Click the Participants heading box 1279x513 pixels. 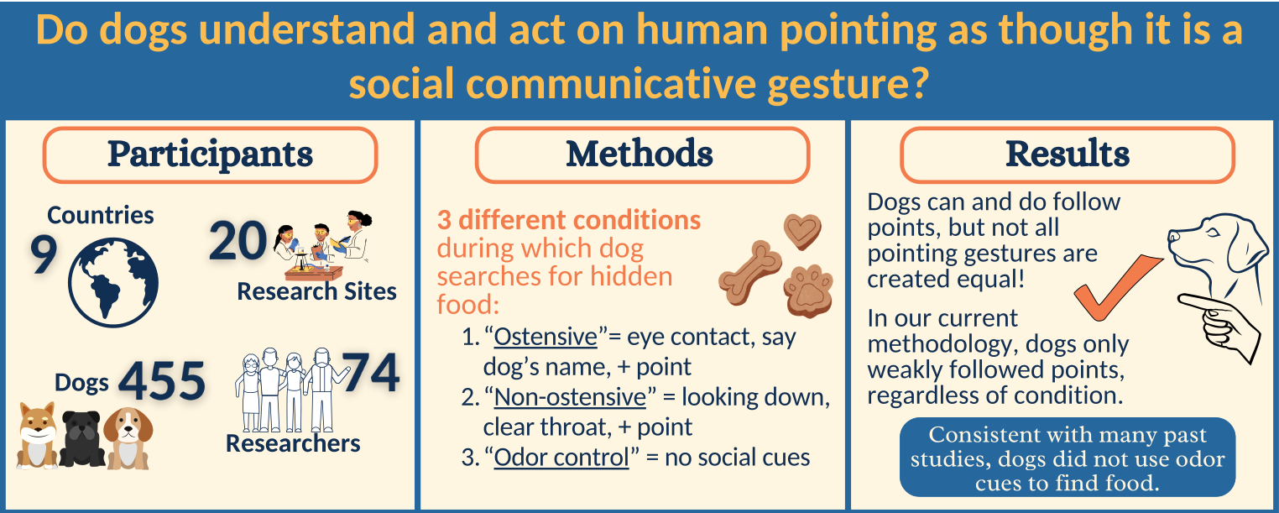coord(210,154)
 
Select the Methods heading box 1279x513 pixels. coord(641,154)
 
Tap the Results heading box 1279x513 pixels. coord(1067,154)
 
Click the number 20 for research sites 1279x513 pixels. coord(238,242)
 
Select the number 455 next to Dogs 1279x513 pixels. coord(162,381)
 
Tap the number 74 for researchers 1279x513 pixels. coord(370,373)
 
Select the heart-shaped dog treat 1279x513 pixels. coord(802,229)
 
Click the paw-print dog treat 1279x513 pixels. coord(808,291)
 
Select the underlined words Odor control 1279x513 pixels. coord(561,458)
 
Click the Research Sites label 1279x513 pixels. coord(316,291)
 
